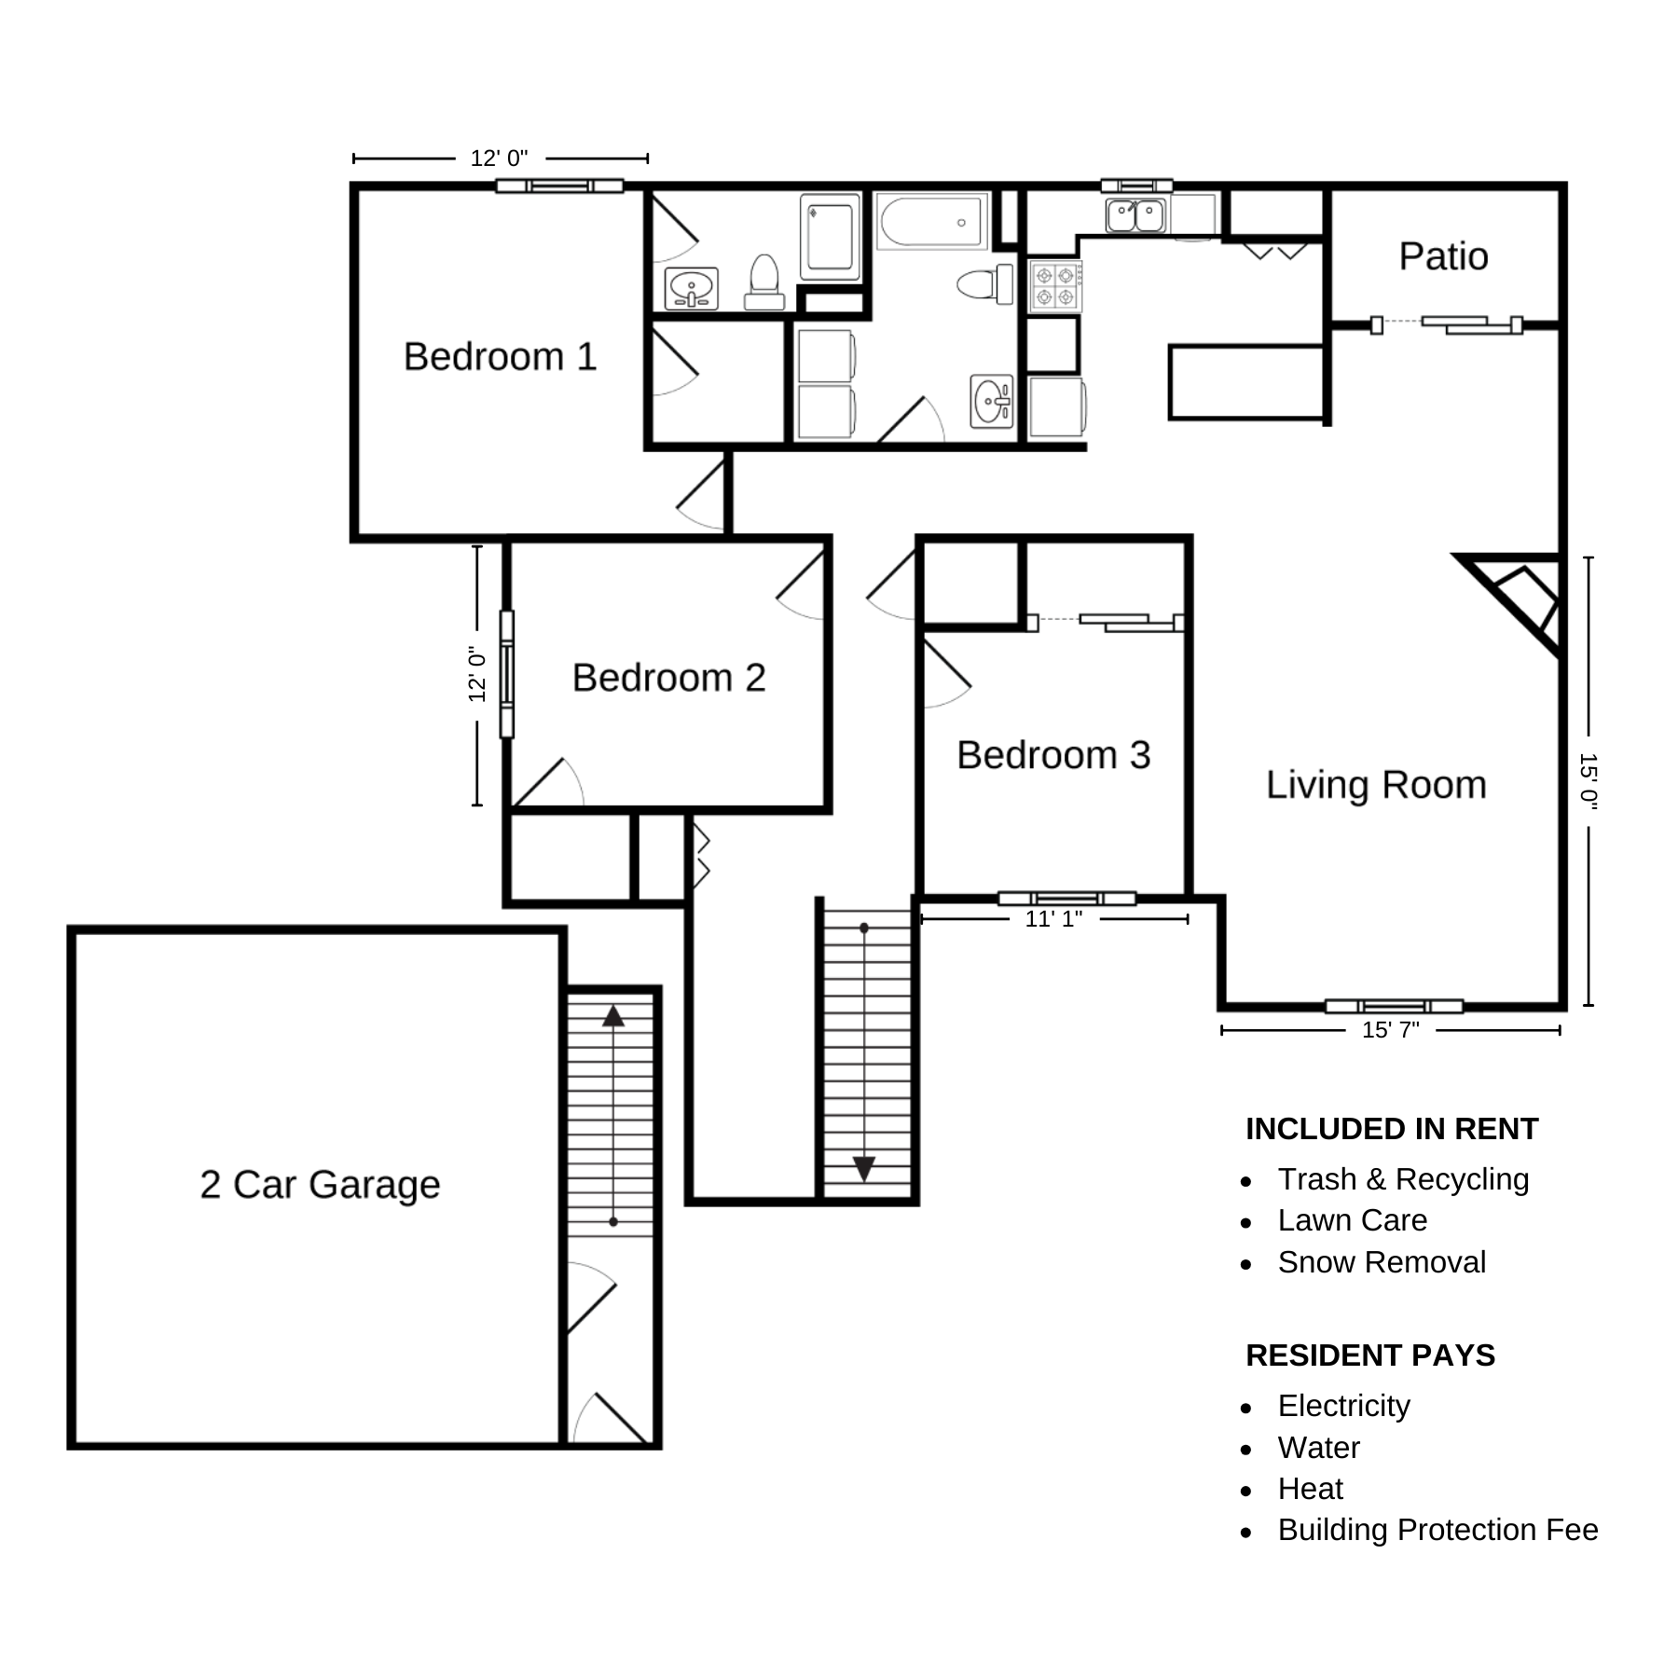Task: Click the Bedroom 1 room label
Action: [500, 357]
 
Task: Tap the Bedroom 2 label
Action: [668, 678]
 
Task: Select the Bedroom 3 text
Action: [1053, 755]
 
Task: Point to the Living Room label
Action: [1376, 785]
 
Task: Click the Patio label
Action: [1443, 256]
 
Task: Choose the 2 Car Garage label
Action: [320, 1185]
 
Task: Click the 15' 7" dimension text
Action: [1390, 1030]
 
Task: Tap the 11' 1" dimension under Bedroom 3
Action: [1053, 919]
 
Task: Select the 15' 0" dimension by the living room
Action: [1588, 781]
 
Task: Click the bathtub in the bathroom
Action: [932, 222]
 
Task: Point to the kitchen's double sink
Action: [1135, 214]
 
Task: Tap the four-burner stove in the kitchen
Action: [1055, 285]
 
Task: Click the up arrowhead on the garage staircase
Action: [613, 1016]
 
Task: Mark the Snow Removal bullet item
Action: [1382, 1262]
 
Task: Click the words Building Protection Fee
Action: [1437, 1530]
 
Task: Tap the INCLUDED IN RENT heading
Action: [1392, 1129]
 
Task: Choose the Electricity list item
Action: [1343, 1406]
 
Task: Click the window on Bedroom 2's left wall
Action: [507, 674]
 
